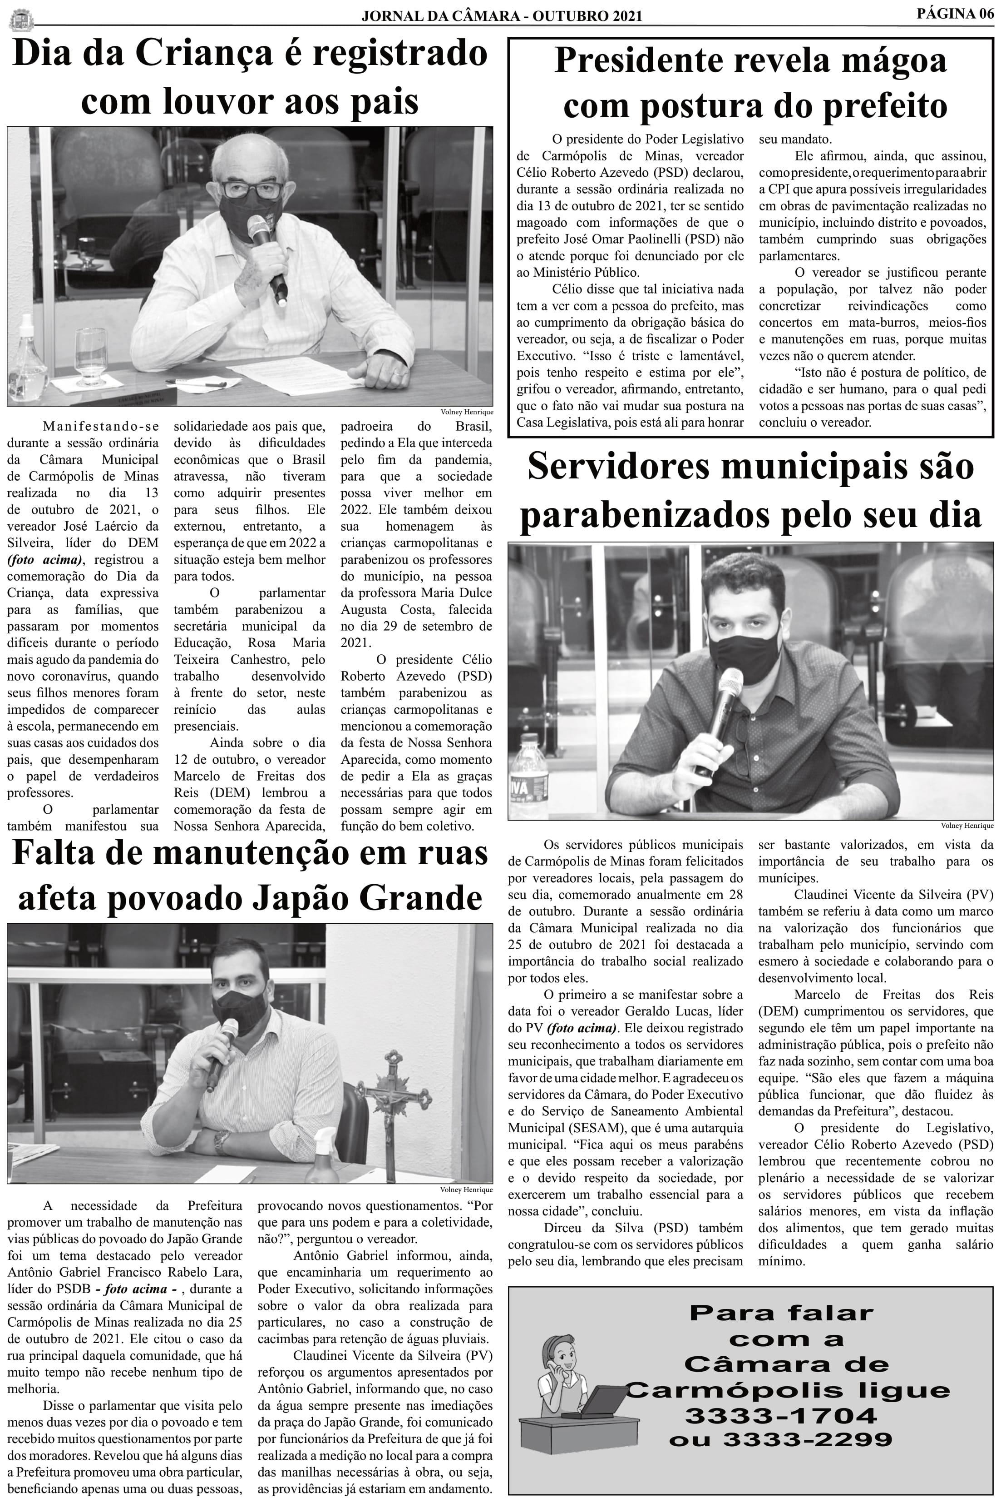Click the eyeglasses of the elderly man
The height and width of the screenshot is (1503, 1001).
tap(252, 190)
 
